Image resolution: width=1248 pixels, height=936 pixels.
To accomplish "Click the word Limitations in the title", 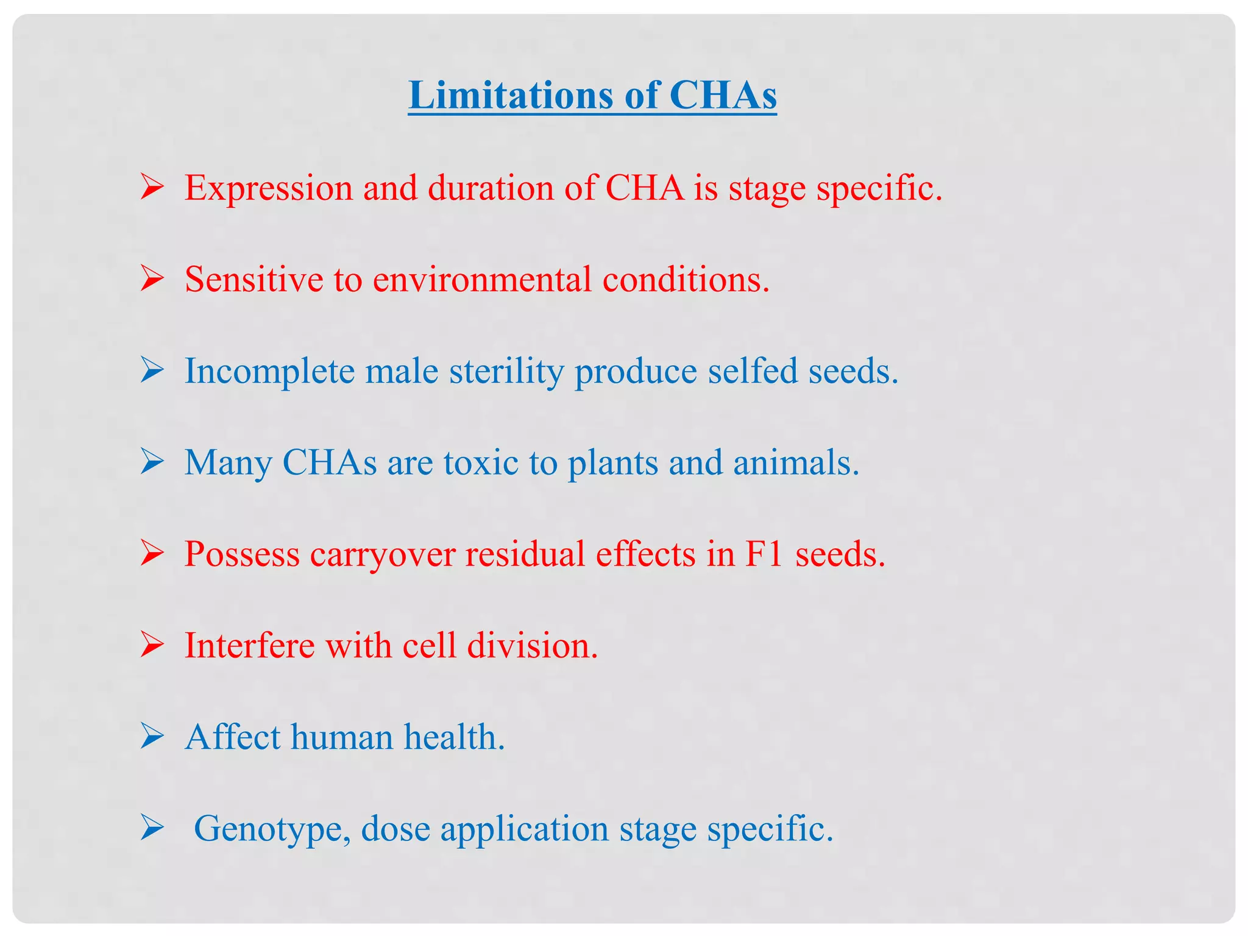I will pyautogui.click(x=509, y=96).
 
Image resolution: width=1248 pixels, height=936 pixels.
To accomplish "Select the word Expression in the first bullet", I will pyautogui.click(x=269, y=188).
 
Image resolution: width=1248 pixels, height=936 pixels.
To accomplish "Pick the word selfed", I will pyautogui.click(x=753, y=370).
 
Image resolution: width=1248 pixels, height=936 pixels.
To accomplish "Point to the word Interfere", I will pyautogui.click(x=249, y=645).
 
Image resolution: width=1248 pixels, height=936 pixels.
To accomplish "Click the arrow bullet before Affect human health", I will pyautogui.click(x=152, y=737).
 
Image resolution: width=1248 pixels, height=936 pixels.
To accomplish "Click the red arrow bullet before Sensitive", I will pyautogui.click(x=152, y=279).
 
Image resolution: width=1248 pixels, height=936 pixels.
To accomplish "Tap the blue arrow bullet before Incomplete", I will pyautogui.click(x=152, y=370).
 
